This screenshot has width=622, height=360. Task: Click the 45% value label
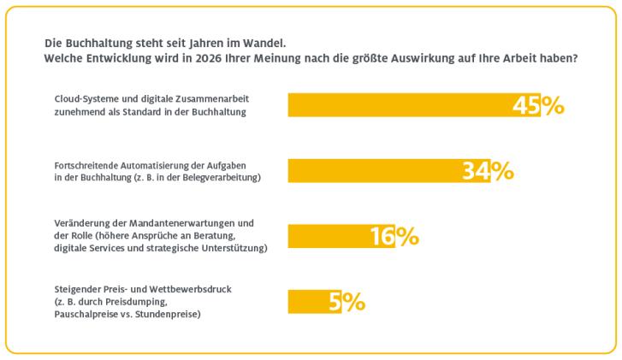tap(537, 105)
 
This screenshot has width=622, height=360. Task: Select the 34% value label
tap(488, 171)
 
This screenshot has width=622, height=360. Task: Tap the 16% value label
tap(394, 236)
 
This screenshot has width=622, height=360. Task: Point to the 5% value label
tap(347, 302)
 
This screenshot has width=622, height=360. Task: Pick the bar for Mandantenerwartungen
tap(329, 236)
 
